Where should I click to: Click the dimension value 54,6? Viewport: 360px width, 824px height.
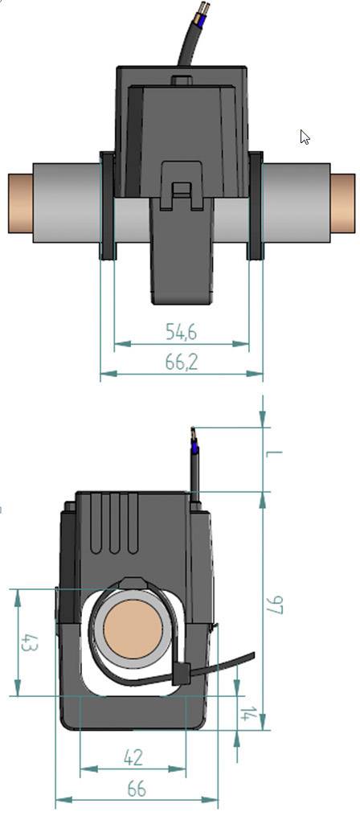click(x=182, y=331)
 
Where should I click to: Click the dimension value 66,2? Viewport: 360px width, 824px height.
click(x=182, y=363)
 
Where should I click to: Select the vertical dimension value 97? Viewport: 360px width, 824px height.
click(x=276, y=605)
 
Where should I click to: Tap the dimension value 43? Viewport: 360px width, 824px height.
click(x=28, y=643)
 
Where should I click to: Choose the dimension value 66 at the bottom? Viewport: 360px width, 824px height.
click(x=137, y=789)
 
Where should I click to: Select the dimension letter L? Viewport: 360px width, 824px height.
click(x=275, y=459)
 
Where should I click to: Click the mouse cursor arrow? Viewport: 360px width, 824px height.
click(x=305, y=137)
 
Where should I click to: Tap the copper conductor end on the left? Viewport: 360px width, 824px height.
click(x=19, y=203)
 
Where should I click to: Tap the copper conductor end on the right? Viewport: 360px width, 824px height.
click(x=342, y=203)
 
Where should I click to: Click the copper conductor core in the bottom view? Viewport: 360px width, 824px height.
click(x=133, y=629)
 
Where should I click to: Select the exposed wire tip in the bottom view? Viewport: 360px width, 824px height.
click(x=192, y=437)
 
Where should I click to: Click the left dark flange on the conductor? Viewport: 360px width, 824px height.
click(x=107, y=206)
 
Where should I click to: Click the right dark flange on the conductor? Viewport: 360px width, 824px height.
click(x=256, y=206)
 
